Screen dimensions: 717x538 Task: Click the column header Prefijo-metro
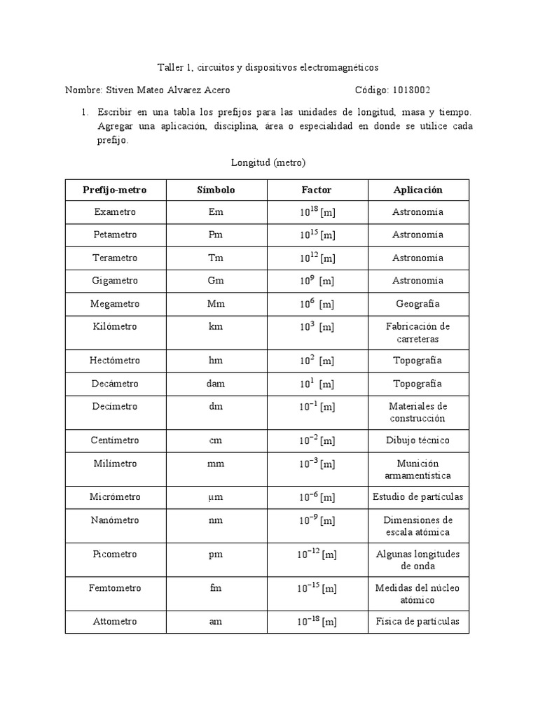(x=114, y=190)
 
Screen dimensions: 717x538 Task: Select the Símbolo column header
(x=215, y=190)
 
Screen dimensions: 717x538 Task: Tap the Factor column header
(x=316, y=190)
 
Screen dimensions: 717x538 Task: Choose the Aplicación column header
(x=418, y=190)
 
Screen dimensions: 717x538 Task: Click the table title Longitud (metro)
(x=269, y=162)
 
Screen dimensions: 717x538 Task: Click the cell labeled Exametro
(x=114, y=212)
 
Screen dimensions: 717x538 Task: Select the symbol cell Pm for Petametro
(x=215, y=235)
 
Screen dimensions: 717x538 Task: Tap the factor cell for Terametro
(x=316, y=258)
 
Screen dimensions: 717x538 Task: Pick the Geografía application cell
(x=418, y=304)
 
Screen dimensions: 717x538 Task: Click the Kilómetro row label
(x=114, y=326)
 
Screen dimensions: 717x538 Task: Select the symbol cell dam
(x=215, y=384)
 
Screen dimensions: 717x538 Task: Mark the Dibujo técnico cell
(x=418, y=440)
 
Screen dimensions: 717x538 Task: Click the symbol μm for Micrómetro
(x=215, y=497)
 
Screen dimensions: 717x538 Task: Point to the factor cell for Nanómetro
(x=316, y=520)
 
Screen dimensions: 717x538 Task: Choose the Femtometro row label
(x=114, y=587)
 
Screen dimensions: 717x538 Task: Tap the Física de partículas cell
(x=418, y=622)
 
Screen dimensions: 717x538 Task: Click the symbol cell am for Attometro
(x=215, y=622)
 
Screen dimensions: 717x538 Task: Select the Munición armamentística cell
(x=418, y=469)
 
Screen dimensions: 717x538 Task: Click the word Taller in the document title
(x=170, y=67)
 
